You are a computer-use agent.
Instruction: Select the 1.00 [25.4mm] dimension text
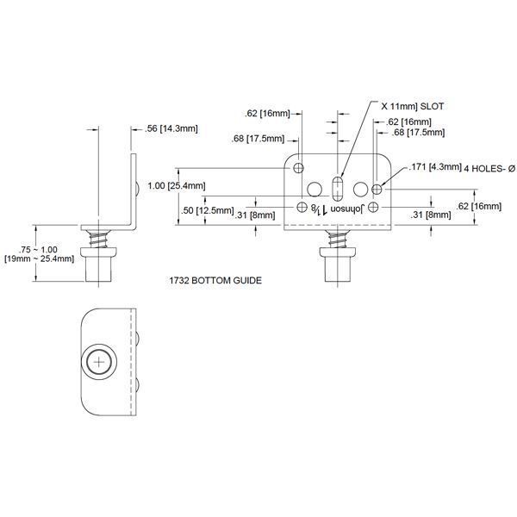tap(176, 185)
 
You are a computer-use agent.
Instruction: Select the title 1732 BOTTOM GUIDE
tap(215, 281)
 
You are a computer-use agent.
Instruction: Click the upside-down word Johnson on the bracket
tap(349, 209)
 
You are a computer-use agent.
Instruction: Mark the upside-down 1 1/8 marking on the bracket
tap(321, 209)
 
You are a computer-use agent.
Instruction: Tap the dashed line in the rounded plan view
tap(129, 361)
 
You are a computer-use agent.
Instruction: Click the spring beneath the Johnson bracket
tap(335, 237)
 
